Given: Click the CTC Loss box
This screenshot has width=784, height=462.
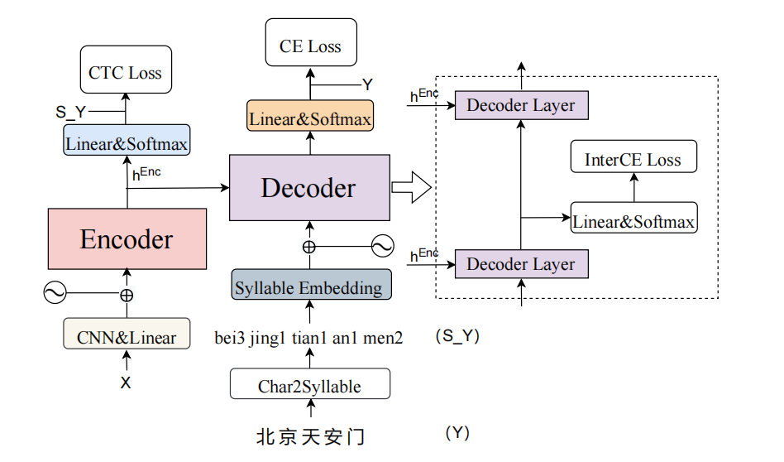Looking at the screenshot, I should pyautogui.click(x=125, y=73).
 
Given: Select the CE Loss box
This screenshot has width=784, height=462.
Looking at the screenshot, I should pyautogui.click(x=310, y=46).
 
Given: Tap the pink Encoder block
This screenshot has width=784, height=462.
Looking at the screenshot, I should pyautogui.click(x=127, y=239).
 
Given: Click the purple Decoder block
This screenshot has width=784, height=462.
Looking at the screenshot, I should pyautogui.click(x=308, y=188).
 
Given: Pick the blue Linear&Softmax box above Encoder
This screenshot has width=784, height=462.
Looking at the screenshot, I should pyautogui.click(x=127, y=143).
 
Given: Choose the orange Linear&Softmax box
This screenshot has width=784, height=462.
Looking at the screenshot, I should pyautogui.click(x=310, y=118).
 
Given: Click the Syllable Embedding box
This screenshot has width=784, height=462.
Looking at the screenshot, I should pyautogui.click(x=310, y=287).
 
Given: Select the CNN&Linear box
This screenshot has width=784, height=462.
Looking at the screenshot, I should pyautogui.click(x=127, y=336).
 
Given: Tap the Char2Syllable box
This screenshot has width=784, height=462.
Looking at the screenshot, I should pyautogui.click(x=310, y=386).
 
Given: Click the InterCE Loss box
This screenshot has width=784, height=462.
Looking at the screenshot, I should pyautogui.click(x=633, y=160).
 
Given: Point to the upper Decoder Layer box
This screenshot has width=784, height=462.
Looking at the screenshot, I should pyautogui.click(x=520, y=105).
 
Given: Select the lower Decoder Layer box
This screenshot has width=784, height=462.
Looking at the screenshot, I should pyautogui.click(x=520, y=264).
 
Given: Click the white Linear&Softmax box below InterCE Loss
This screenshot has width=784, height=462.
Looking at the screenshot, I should pyautogui.click(x=633, y=221).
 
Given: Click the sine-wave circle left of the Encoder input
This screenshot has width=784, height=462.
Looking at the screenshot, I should pyautogui.click(x=55, y=292).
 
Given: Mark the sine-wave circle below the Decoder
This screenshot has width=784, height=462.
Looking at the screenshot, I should pyautogui.click(x=382, y=246).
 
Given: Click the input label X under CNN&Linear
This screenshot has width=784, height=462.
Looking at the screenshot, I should pyautogui.click(x=126, y=383).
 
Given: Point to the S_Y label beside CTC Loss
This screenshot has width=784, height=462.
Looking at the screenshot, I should pyautogui.click(x=71, y=111).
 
